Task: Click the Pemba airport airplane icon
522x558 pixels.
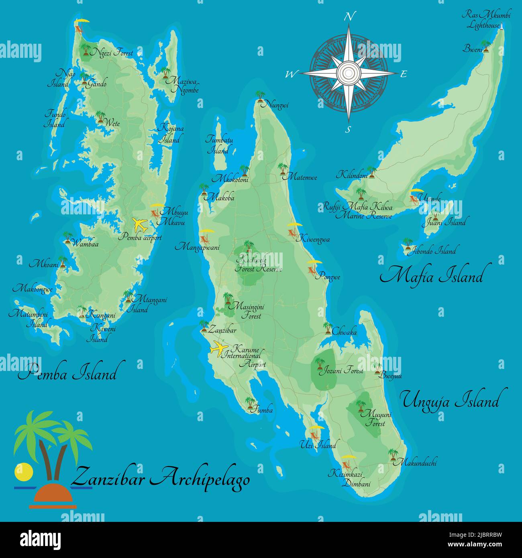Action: coord(140,224)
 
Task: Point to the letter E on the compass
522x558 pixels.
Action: coord(404,74)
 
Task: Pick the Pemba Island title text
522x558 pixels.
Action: coord(67,373)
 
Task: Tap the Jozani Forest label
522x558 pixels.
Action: coord(341,371)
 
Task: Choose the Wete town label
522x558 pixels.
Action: coord(112,123)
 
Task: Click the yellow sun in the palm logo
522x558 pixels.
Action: coord(23,472)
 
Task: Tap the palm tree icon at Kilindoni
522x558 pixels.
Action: coord(371,172)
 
